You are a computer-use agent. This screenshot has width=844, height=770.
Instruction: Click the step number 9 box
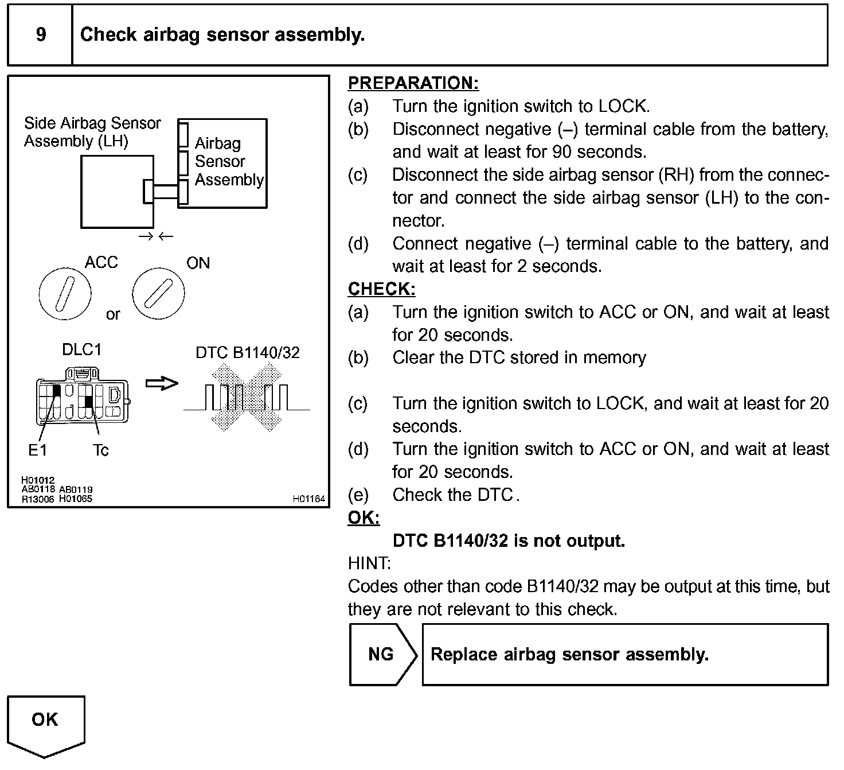tap(40, 35)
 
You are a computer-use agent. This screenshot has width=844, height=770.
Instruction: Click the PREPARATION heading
tap(413, 83)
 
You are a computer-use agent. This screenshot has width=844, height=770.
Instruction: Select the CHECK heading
tap(381, 289)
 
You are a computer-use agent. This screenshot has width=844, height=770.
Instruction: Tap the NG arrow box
tap(382, 655)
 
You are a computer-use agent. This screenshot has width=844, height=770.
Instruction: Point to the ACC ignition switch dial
tap(64, 293)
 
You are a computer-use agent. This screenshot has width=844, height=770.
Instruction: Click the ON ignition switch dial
tap(158, 293)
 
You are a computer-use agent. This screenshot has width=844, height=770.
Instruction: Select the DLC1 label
tap(81, 350)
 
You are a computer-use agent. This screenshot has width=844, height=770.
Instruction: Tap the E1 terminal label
tap(37, 451)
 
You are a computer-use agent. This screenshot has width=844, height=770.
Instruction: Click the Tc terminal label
tap(100, 451)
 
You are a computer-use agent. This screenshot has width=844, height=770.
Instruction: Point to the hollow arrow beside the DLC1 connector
tap(162, 383)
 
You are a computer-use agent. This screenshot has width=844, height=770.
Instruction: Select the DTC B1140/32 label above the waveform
tap(247, 352)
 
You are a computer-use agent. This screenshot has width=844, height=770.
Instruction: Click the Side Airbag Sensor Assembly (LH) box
tap(116, 192)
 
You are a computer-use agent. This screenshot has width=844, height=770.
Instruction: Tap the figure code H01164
tap(308, 499)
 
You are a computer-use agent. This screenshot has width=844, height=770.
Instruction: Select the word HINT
tap(369, 563)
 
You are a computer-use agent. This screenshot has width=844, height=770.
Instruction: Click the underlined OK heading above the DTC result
tap(364, 518)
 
